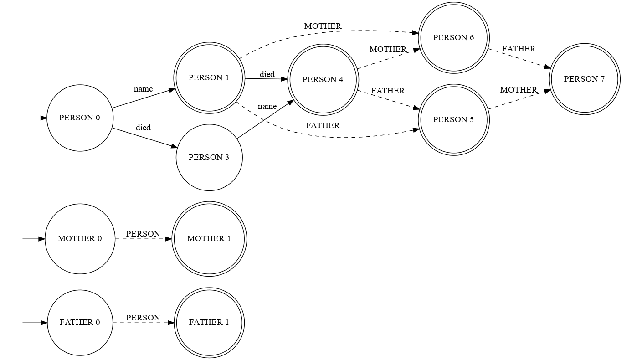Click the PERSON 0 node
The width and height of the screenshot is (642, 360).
[x=80, y=118]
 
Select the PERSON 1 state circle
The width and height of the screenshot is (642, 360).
[x=209, y=78]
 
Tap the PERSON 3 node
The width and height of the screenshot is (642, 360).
[x=209, y=158]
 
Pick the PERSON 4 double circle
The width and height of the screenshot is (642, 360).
[x=323, y=80]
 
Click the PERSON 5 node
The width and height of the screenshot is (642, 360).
[x=453, y=120]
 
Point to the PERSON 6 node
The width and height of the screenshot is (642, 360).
[x=453, y=38]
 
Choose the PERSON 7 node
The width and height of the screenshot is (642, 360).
[x=584, y=79]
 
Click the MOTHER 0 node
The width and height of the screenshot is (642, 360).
[x=80, y=239]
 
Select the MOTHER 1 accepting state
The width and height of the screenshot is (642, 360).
[x=209, y=239]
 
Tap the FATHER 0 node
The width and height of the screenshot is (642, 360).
[x=80, y=323]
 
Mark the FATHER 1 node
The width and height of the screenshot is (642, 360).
[x=209, y=323]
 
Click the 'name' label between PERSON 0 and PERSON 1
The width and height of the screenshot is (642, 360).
[x=143, y=89]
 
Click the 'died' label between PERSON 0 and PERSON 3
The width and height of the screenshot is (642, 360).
[x=143, y=128]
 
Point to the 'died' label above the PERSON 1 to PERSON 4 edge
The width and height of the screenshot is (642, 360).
[x=267, y=74]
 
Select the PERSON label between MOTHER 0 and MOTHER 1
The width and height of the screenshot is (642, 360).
[x=143, y=234]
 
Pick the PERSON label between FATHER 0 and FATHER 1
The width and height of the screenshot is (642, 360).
[x=143, y=318]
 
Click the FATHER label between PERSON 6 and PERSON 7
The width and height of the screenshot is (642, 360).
[x=519, y=49]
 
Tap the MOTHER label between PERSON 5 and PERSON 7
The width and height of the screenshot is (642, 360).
[x=519, y=90]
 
